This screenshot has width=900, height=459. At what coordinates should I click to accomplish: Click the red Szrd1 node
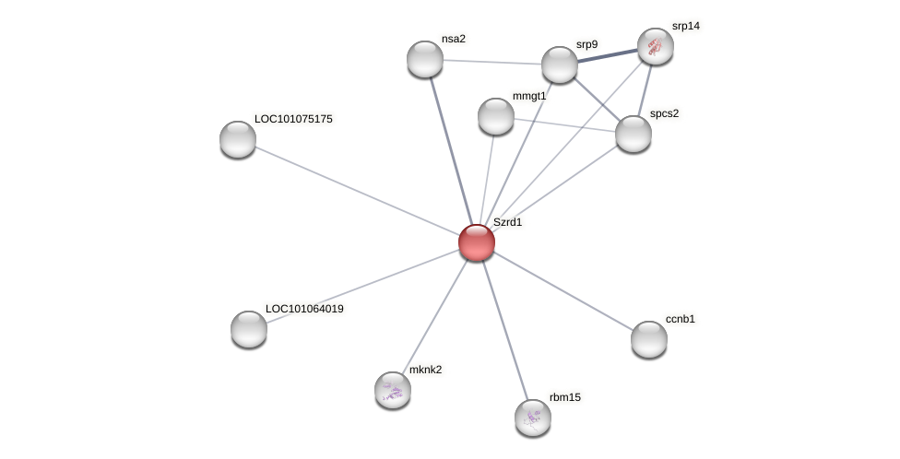[x=477, y=242]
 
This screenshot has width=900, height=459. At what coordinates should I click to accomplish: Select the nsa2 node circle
[x=425, y=59]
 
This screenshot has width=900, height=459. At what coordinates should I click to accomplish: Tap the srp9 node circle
[x=560, y=65]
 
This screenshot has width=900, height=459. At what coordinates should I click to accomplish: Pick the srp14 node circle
[x=656, y=46]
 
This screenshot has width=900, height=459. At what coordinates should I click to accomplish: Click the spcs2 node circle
[x=634, y=134]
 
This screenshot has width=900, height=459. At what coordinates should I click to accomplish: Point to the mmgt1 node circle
[x=496, y=116]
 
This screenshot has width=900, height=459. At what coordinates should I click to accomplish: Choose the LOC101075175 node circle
[x=238, y=139]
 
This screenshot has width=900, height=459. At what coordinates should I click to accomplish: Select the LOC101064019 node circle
[x=249, y=329]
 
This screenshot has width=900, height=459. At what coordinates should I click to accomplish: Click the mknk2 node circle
[x=393, y=390]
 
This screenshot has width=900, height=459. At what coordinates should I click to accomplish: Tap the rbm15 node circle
[x=533, y=418]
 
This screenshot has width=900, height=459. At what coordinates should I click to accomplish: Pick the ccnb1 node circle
[x=649, y=339]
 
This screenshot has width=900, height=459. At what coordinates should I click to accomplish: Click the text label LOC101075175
[x=293, y=119]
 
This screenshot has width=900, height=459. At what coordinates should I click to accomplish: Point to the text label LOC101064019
[x=304, y=309]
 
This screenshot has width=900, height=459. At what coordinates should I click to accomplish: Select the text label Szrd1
[x=507, y=222]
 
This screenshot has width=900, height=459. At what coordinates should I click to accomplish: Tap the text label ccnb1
[x=680, y=319]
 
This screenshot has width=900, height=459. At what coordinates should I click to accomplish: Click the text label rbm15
[x=564, y=397]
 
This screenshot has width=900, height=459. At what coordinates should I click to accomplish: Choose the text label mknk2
[x=425, y=370]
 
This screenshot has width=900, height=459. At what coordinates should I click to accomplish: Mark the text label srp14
[x=685, y=26]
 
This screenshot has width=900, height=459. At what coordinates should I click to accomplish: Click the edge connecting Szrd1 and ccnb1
[x=562, y=290]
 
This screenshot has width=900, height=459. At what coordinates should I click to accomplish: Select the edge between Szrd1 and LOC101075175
[x=357, y=191]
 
